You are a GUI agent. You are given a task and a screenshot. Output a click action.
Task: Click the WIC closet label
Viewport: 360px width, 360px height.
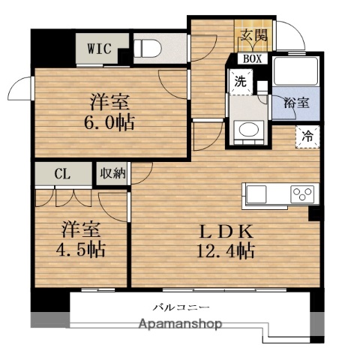[x=99, y=49]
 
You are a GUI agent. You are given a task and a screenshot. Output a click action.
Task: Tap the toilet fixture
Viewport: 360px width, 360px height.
[x=148, y=50]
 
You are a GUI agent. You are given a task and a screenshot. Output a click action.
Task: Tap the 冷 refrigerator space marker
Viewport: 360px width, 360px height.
[x=307, y=136]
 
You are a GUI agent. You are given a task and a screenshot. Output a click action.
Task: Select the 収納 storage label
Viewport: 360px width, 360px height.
[x=112, y=173]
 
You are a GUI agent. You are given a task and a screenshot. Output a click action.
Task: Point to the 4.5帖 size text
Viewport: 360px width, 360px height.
[x=79, y=249]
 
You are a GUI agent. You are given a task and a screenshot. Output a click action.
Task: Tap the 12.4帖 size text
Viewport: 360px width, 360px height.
[x=220, y=250]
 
